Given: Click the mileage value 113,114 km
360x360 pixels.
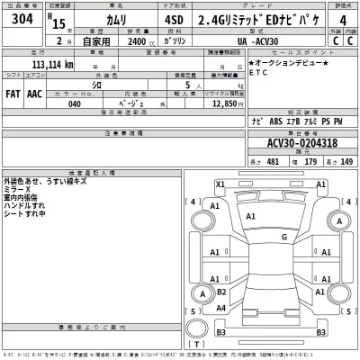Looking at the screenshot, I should pyautogui.click(x=41, y=65).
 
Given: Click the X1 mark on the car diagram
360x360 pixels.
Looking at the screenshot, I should pyautogui.click(x=221, y=184).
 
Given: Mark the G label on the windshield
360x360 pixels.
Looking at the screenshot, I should pyautogui.click(x=283, y=237).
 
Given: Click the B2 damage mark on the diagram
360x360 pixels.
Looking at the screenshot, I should pyautogui.click(x=221, y=292).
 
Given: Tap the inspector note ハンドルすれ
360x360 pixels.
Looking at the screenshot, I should pyautogui.click(x=24, y=204).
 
